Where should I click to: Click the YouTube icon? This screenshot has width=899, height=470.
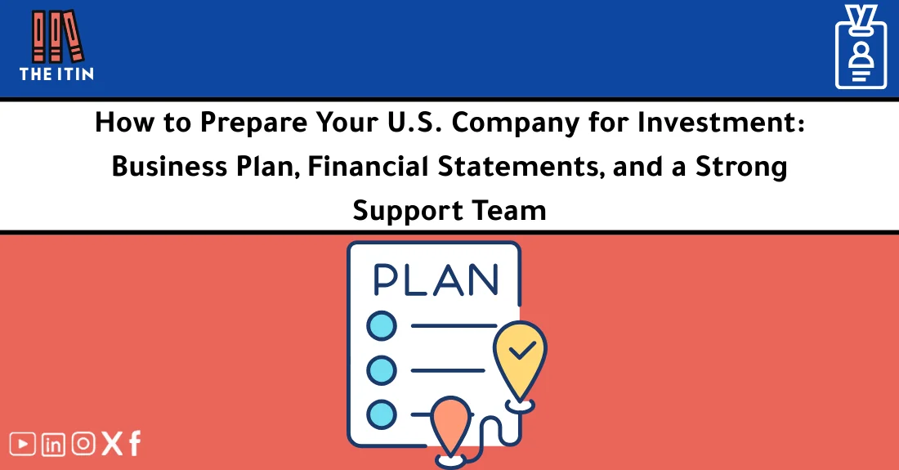(x=23, y=444)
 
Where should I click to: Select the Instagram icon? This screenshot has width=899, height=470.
(x=83, y=444)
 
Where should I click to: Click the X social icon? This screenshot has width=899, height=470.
(x=110, y=444)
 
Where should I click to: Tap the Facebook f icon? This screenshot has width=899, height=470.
(x=134, y=444)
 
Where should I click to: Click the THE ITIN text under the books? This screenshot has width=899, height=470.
(x=56, y=74)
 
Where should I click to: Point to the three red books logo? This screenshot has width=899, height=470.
(x=56, y=36)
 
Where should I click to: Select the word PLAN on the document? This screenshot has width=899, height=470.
(x=435, y=280)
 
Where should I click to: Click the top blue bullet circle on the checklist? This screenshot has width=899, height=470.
(x=381, y=327)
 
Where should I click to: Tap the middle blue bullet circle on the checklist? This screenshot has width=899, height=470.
(x=381, y=370)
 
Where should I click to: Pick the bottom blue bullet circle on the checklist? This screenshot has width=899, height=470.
(x=381, y=414)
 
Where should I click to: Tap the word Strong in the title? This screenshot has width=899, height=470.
(x=741, y=168)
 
